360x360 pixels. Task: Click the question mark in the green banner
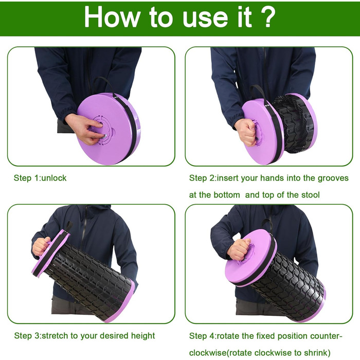coord(266,17)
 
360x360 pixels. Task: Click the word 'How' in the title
coord(112,17)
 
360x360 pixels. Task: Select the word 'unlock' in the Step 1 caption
coord(54,178)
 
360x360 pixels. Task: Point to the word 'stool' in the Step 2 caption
coord(311,195)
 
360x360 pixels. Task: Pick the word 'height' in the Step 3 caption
coord(143,336)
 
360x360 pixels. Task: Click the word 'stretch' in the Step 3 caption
coord(56,336)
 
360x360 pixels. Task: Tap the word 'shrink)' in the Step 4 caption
coord(317,353)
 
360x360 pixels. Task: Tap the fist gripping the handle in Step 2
coord(246,132)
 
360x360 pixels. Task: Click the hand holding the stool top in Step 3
coord(41,246)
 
